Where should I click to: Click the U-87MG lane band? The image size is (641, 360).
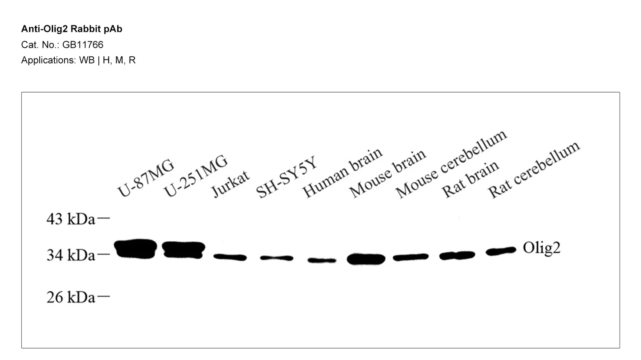tap(135, 249)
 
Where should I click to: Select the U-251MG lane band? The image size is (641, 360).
tap(183, 250)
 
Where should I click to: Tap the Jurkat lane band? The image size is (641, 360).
tap(230, 257)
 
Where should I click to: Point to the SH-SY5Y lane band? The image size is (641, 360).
tap(276, 258)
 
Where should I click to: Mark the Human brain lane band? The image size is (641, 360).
tap(322, 260)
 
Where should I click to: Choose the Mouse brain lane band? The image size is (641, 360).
tap(366, 259)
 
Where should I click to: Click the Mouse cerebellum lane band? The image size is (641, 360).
tap(411, 257)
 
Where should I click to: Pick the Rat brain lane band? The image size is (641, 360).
tap(457, 255)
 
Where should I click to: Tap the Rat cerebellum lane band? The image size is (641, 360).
tap(501, 251)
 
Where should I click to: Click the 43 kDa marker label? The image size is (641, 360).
tap(71, 220)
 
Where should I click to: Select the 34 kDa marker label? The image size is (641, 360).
tap(71, 255)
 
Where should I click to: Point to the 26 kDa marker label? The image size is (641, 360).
tap(71, 297)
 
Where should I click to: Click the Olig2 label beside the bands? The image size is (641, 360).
tap(541, 248)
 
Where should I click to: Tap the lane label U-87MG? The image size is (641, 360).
tap(146, 178)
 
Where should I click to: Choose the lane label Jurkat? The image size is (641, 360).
tap(230, 184)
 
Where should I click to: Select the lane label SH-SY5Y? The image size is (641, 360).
tap(286, 177)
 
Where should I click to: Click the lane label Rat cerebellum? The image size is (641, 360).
tap(534, 170)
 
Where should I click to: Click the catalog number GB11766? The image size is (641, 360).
tap(83, 44)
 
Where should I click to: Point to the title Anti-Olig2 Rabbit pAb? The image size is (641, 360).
tap(71, 29)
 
